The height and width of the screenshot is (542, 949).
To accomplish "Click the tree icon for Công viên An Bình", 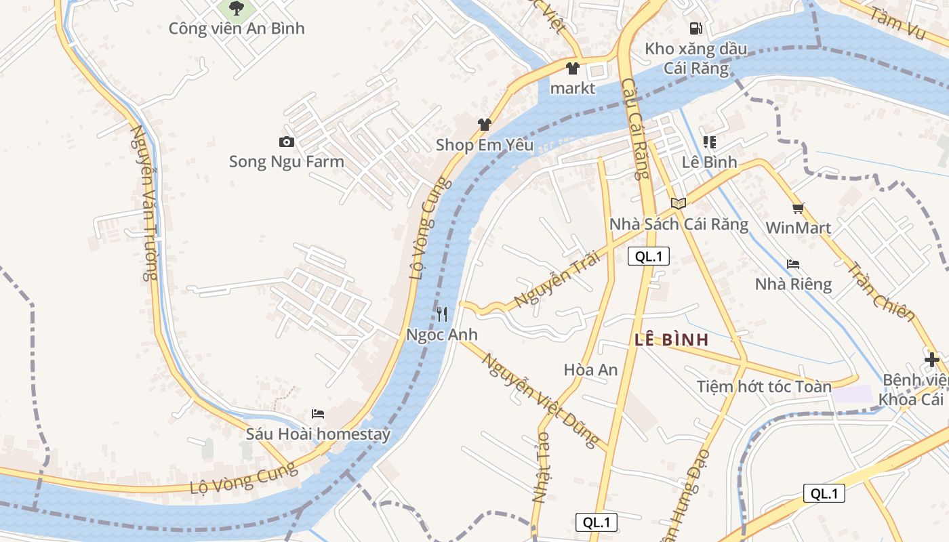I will click(236, 8).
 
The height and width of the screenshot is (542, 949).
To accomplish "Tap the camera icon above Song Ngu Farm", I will click(287, 142).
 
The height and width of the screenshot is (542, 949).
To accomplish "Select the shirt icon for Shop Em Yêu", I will click(484, 125).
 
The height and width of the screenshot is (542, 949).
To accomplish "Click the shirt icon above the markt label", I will click(573, 68).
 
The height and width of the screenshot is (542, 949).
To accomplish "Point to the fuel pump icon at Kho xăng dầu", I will click(695, 28).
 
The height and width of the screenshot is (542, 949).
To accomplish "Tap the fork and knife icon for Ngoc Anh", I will click(442, 314).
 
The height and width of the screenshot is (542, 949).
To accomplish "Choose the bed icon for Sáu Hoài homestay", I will click(318, 413).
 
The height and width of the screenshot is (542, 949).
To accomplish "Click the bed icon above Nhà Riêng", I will click(793, 264).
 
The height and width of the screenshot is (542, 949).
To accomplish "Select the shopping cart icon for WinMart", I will click(798, 208).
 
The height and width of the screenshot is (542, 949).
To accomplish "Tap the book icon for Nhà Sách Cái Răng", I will click(679, 203).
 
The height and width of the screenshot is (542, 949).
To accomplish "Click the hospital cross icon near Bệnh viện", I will click(932, 360).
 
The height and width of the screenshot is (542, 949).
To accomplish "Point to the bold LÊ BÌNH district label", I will click(672, 340).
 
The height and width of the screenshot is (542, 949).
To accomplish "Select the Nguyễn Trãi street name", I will click(548, 278).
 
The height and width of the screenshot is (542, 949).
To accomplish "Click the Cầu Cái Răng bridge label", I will click(634, 129).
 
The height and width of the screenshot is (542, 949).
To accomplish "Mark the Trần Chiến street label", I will click(881, 291).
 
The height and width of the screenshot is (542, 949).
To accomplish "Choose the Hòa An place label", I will click(590, 369).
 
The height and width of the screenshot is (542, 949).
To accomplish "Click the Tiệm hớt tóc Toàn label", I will click(764, 387).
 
